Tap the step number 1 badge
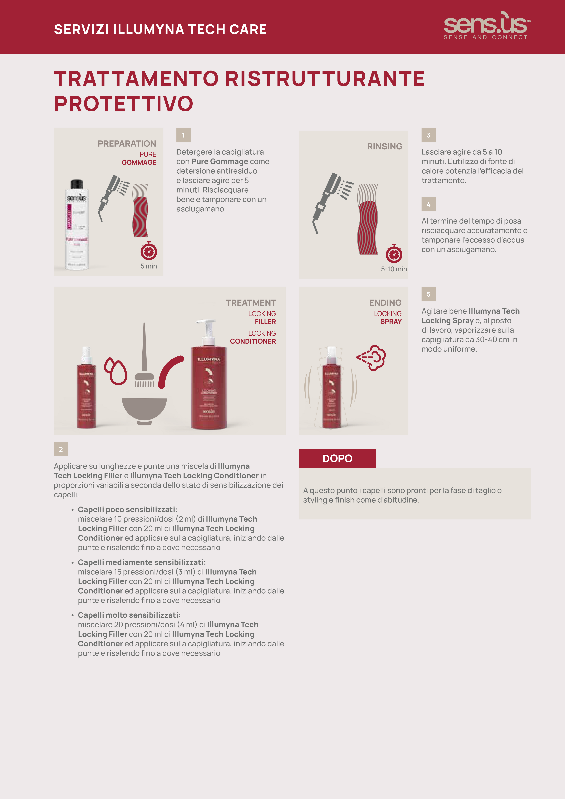[x=183, y=135]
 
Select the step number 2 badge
[x=61, y=449]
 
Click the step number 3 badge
[x=429, y=135]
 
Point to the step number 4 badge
[x=429, y=204]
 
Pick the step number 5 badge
[x=429, y=294]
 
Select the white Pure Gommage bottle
[x=77, y=225]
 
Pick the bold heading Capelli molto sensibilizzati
[x=129, y=615]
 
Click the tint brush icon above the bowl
[x=144, y=358]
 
